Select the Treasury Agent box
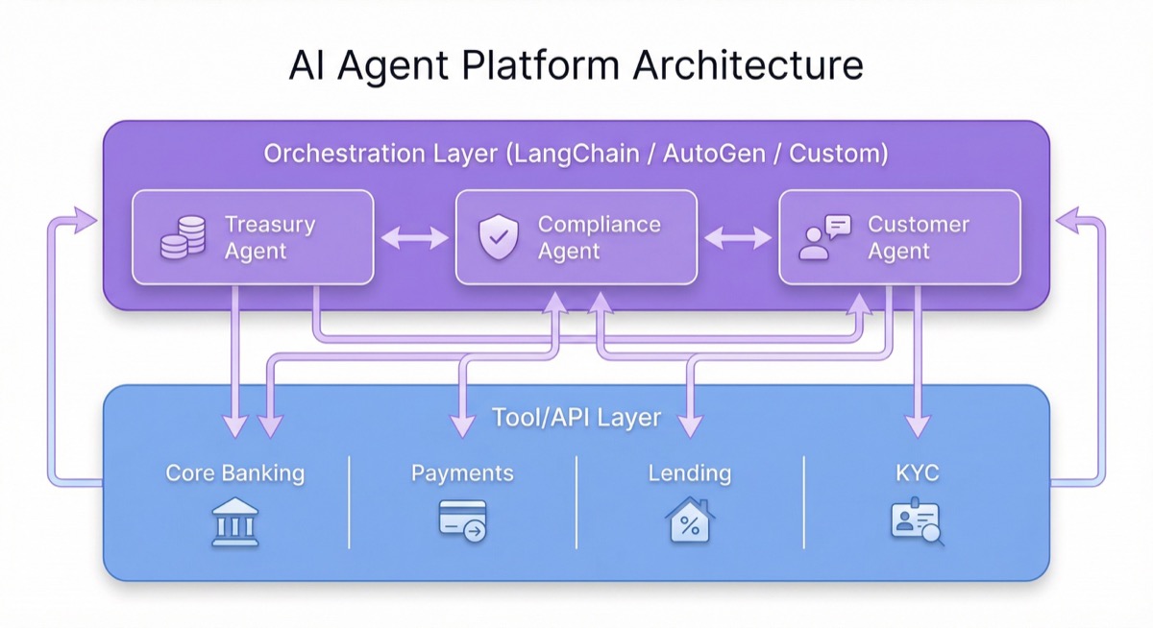click(252, 237)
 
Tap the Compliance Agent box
click(576, 237)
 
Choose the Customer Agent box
click(899, 237)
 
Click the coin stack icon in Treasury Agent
click(183, 237)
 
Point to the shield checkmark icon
click(498, 238)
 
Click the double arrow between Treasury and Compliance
click(414, 237)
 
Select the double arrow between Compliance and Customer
click(738, 237)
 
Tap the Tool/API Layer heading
click(576, 418)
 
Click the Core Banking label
click(234, 472)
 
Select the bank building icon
click(234, 522)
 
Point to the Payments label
click(462, 472)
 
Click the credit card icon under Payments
click(462, 519)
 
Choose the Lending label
click(689, 472)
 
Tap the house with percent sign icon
click(689, 520)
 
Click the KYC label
click(918, 472)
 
